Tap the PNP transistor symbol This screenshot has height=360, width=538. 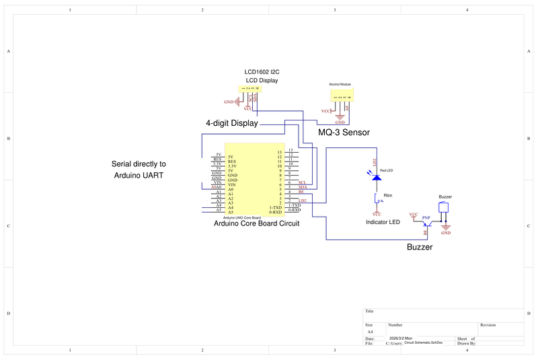tap(425, 227)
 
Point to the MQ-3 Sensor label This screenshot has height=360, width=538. tap(344, 133)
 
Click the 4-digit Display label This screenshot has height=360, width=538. tap(231, 124)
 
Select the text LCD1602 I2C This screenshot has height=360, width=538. tap(261, 72)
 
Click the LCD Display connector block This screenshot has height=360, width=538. tap(251, 89)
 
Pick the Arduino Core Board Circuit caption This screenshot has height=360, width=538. tap(256, 223)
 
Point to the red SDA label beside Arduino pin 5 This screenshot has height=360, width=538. tap(302, 187)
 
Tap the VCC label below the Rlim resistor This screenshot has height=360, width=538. tap(377, 214)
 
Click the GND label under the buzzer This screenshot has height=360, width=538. tap(445, 233)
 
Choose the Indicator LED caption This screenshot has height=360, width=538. tap(383, 222)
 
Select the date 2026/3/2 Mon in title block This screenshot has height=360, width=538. tap(401, 338)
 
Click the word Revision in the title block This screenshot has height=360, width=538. tap(488, 325)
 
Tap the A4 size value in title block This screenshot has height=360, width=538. tap(370, 332)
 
